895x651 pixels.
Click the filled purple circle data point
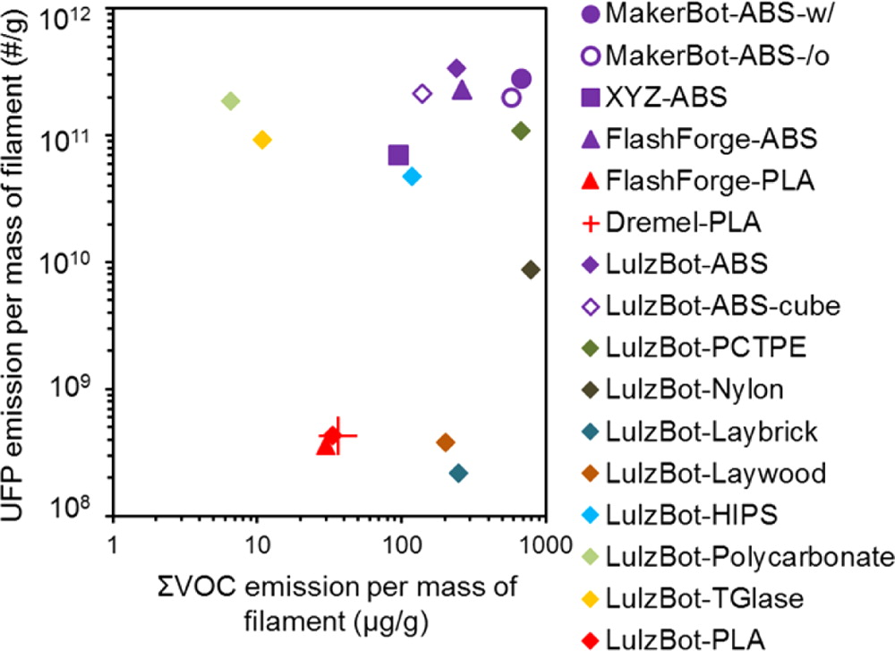click(521, 79)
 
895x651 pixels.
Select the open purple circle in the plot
click(511, 97)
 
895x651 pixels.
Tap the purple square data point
click(398, 155)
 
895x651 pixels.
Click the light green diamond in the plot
click(230, 100)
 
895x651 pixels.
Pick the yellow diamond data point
click(262, 140)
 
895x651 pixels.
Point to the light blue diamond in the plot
click(412, 176)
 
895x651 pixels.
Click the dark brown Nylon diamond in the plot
click(530, 270)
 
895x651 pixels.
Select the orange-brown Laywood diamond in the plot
click(446, 442)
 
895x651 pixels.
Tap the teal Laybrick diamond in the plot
click(458, 473)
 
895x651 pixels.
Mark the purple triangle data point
click(462, 90)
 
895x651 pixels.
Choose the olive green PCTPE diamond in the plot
click(521, 131)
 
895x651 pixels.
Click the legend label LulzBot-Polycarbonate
click(749, 557)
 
